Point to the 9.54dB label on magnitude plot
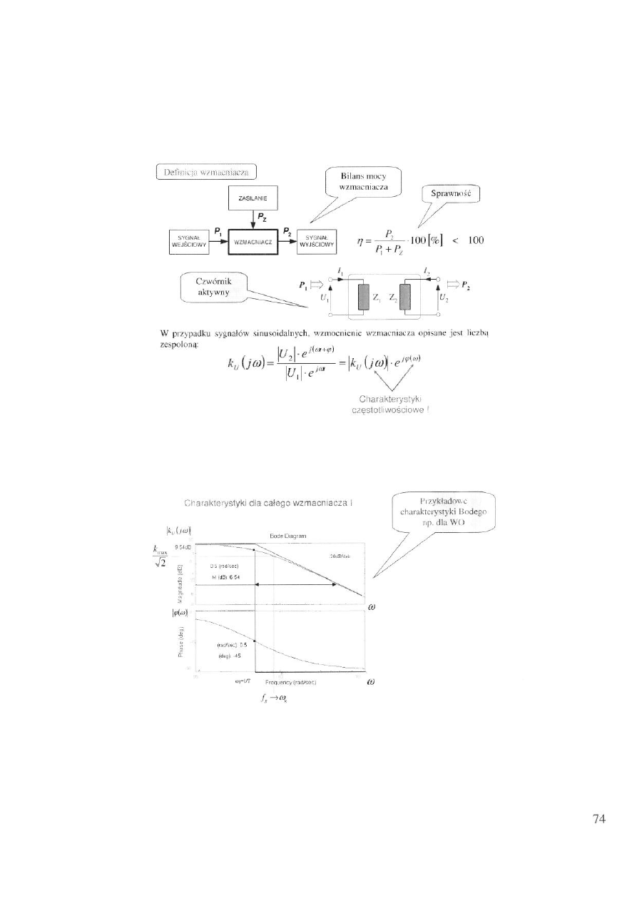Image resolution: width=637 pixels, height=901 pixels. coord(185,545)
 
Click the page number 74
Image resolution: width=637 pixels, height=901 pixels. coord(599,819)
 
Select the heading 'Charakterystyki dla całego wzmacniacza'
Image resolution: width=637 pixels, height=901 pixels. coord(272,503)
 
